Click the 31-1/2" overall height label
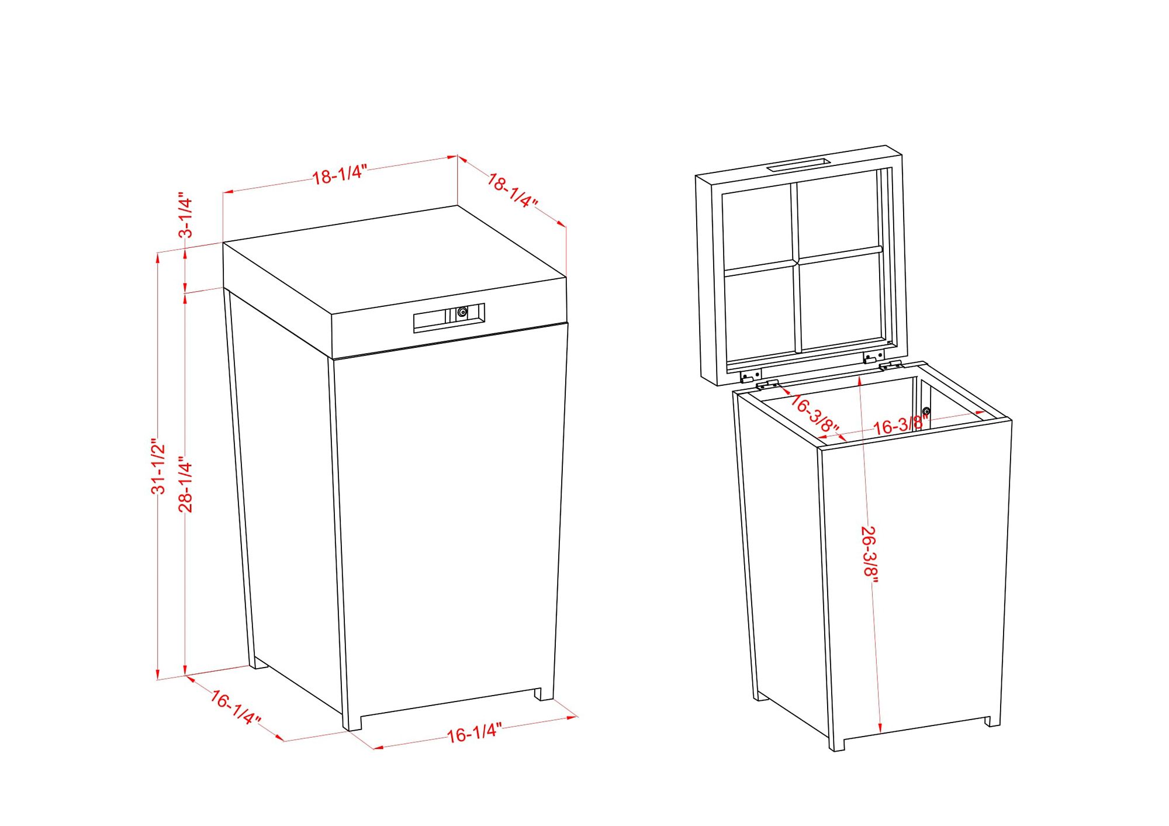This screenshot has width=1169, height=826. pos(158,466)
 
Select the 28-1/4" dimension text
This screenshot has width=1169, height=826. pos(185,484)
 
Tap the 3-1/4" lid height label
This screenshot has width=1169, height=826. pos(185,215)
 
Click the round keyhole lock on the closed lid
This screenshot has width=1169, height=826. pos(462,313)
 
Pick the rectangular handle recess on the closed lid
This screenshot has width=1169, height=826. pos(449,318)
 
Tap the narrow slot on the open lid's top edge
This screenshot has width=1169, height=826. pos(798,164)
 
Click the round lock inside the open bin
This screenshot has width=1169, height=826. pos(926,411)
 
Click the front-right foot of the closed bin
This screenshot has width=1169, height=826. pos(544,694)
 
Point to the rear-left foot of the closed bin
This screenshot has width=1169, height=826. pos(258,663)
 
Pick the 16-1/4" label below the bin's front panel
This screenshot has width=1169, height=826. pos(475,732)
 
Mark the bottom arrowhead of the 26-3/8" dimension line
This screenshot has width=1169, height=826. pos(880,727)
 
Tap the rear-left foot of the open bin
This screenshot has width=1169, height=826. pos(762,696)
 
